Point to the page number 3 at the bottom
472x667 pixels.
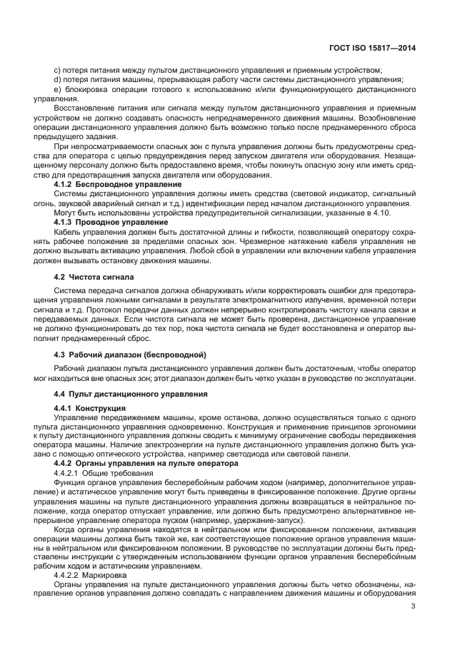(413, 607)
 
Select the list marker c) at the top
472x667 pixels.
(58, 70)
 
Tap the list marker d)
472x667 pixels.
(58, 80)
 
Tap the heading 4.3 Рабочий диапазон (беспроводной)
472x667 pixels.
(131, 355)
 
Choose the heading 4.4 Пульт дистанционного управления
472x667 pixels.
(131, 393)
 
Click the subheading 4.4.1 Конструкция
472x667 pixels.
(90, 408)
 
